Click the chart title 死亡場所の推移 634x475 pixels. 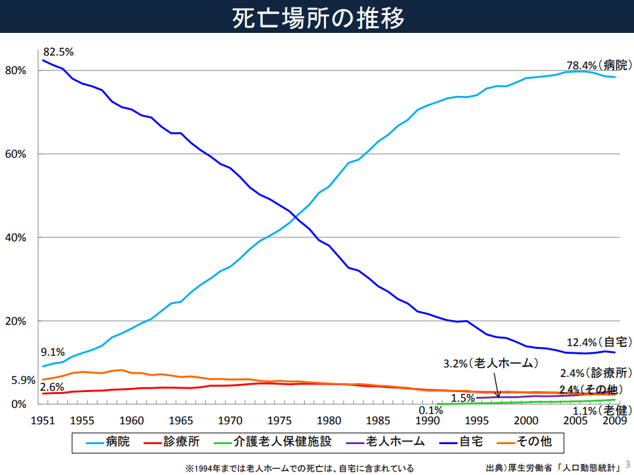316,17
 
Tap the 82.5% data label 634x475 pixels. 58,52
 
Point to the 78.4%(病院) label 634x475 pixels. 598,66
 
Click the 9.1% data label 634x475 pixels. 52,352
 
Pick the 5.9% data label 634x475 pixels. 23,380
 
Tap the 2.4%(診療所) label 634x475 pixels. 595,374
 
